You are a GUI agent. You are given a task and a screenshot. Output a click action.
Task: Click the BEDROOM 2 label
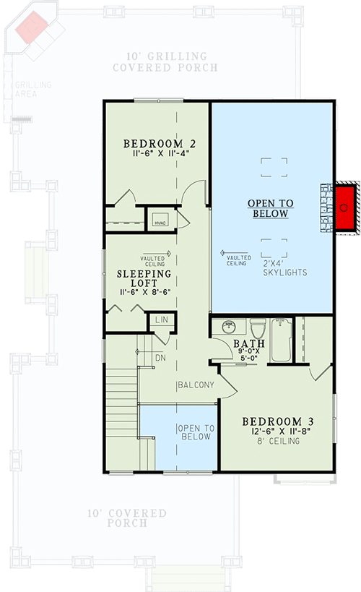(x=160, y=142)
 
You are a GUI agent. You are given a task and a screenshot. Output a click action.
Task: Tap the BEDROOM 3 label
(x=278, y=421)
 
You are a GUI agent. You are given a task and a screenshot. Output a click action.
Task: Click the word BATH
(x=249, y=344)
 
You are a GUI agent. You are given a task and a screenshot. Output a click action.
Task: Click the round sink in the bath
(x=229, y=327)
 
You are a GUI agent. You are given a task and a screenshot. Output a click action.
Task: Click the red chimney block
(x=344, y=207)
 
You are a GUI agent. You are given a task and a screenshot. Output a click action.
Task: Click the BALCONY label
(x=195, y=385)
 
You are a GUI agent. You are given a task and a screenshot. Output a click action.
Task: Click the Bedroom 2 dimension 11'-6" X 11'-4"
(x=160, y=154)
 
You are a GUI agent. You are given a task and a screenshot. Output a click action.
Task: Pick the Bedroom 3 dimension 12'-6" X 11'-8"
(x=277, y=432)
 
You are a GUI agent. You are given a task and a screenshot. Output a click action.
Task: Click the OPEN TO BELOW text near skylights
(x=271, y=208)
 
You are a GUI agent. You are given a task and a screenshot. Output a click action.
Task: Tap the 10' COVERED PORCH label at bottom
(x=126, y=518)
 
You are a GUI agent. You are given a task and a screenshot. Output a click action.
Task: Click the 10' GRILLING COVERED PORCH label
(x=165, y=61)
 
